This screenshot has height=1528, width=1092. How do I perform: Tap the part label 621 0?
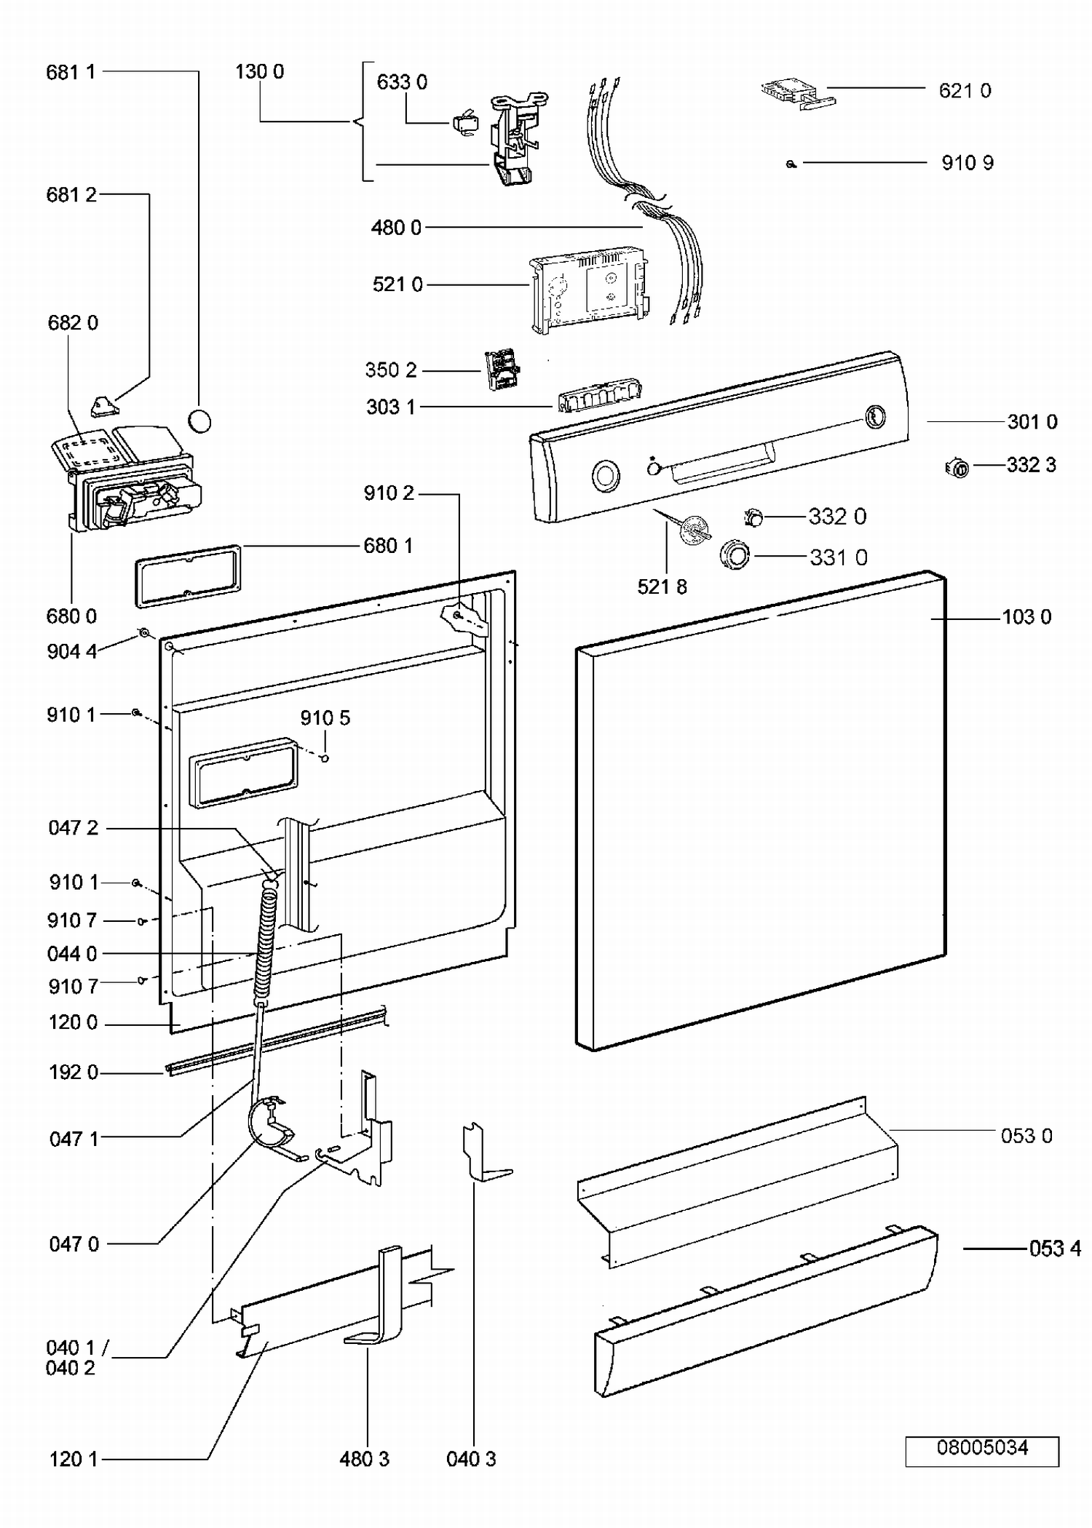click(x=965, y=91)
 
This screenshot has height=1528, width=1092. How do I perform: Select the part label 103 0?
click(x=1026, y=617)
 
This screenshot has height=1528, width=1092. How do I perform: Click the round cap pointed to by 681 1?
click(x=199, y=421)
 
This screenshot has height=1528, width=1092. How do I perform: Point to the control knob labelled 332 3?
click(x=957, y=468)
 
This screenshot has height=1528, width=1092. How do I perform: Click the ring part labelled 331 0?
click(x=735, y=557)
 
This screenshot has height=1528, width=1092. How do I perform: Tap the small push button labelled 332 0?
click(x=754, y=518)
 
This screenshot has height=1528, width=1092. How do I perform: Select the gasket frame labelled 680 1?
click(x=188, y=575)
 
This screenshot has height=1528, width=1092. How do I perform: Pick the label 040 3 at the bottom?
click(x=471, y=1458)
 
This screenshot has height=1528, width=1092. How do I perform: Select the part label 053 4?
click(x=1055, y=1249)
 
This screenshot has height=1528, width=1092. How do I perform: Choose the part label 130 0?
click(x=259, y=72)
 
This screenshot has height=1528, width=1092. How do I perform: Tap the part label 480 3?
click(x=364, y=1458)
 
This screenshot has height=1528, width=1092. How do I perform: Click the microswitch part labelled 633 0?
click(x=464, y=123)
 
